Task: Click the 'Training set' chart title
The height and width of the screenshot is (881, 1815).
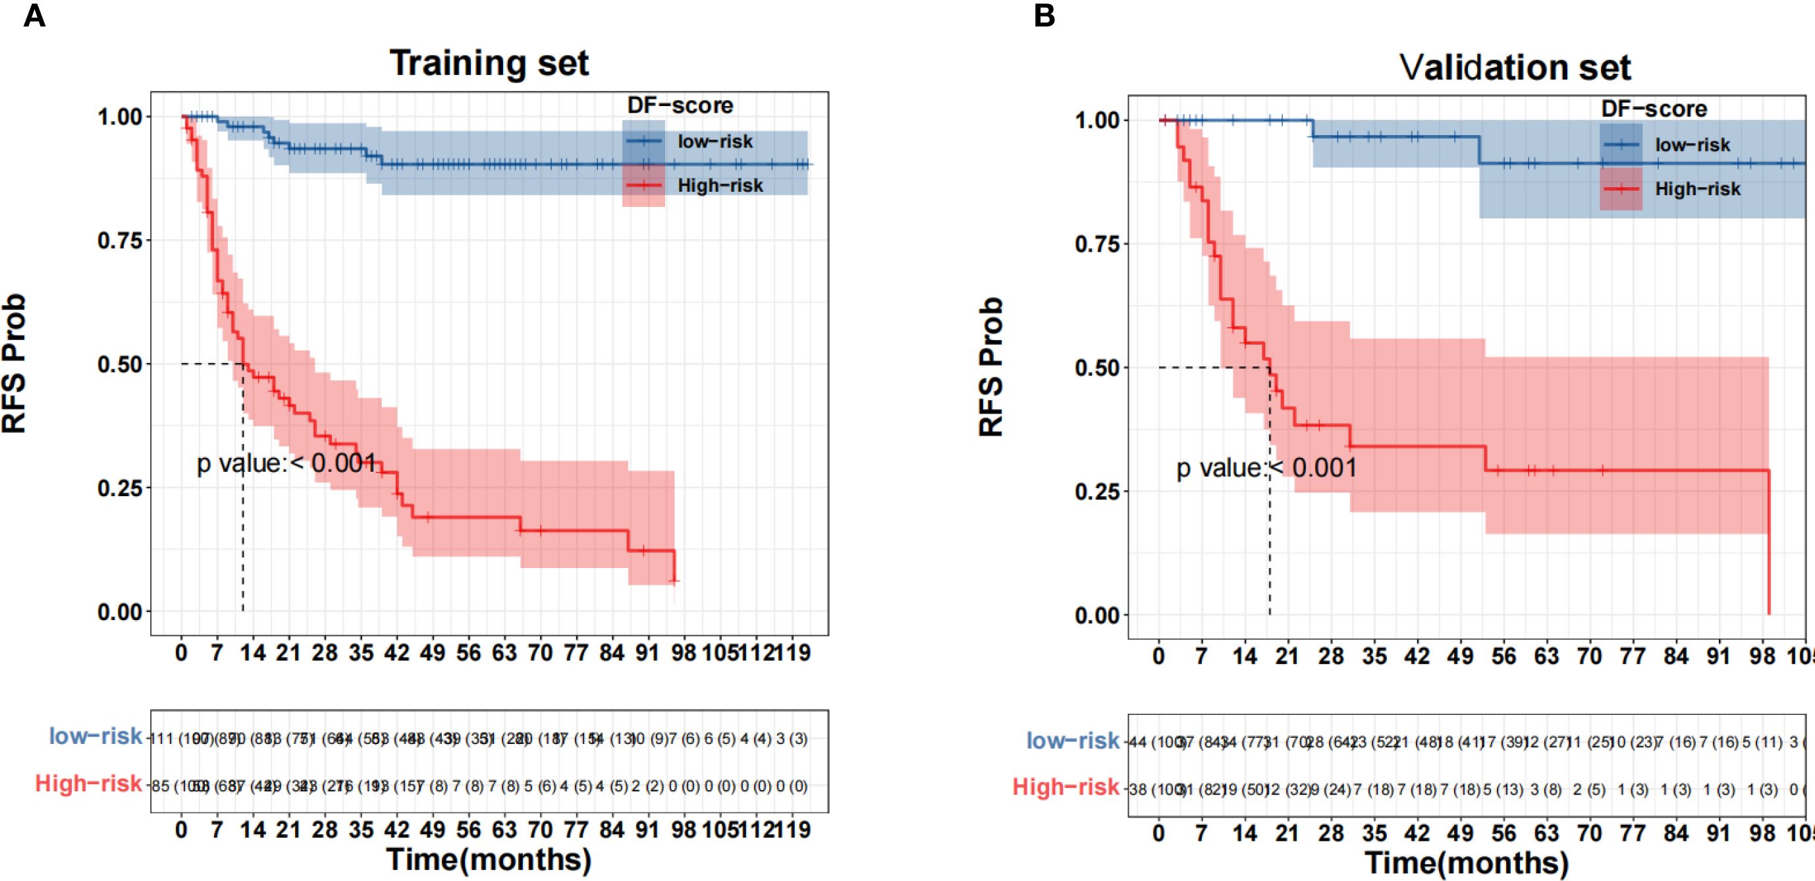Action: (489, 63)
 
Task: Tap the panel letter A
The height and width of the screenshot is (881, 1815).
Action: (34, 16)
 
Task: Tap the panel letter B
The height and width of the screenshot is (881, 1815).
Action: (1044, 16)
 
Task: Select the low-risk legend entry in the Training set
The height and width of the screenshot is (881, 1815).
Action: (715, 142)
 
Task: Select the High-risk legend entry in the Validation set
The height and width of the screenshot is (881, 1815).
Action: (1697, 189)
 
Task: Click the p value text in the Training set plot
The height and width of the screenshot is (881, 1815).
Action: (286, 463)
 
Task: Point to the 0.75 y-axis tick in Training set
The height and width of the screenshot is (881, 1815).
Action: (120, 241)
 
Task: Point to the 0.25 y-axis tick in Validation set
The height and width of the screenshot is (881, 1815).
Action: (1097, 492)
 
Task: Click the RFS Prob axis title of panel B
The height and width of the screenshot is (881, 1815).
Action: (991, 366)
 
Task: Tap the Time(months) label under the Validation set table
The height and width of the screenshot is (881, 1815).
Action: (1467, 863)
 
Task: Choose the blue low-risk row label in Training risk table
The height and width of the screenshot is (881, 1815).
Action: (95, 736)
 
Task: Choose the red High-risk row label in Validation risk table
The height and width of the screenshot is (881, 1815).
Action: (1066, 787)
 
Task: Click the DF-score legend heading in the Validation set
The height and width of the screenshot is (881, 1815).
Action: (1654, 109)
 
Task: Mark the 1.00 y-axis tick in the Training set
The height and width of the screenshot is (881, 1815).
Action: (120, 117)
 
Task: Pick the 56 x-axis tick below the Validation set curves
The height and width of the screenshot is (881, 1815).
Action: (1503, 657)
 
